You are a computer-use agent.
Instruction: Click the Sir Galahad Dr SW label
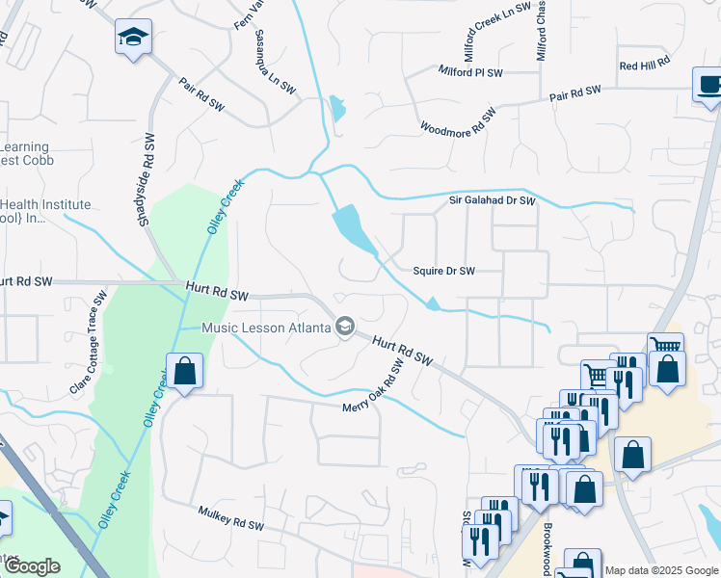[x=492, y=200]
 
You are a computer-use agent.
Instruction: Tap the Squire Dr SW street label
[x=444, y=272]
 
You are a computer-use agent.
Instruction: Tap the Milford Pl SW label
[x=470, y=72]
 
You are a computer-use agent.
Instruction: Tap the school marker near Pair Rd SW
[x=132, y=38]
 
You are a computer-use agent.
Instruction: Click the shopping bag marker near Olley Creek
[x=183, y=371]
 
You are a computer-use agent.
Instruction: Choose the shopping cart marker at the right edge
[x=665, y=348]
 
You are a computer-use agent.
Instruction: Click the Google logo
[x=32, y=566]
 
